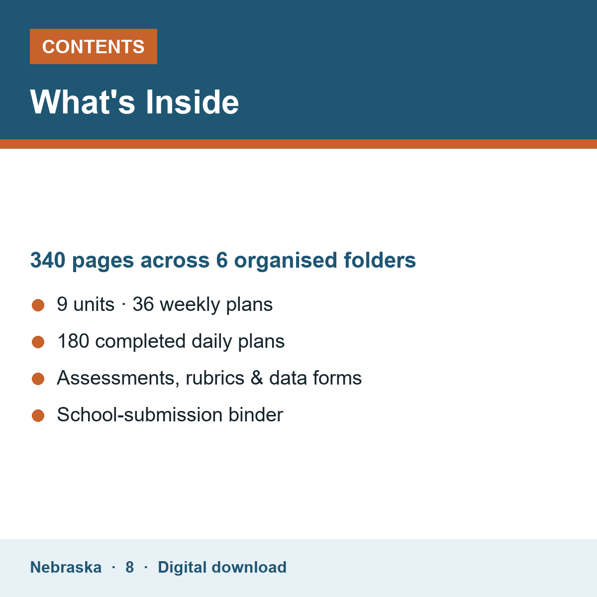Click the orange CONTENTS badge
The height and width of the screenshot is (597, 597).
[x=93, y=46]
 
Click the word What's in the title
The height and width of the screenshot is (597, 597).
[x=83, y=102]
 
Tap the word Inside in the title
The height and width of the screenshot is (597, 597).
[x=193, y=102]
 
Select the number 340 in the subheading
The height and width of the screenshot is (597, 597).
[x=48, y=260]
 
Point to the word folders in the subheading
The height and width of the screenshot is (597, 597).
[x=380, y=260]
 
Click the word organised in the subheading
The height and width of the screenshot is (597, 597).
[x=286, y=261]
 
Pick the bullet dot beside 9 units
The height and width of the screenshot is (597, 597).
[x=38, y=305]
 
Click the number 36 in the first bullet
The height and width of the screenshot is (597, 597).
[x=143, y=304]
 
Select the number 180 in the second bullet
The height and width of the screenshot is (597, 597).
[x=74, y=341]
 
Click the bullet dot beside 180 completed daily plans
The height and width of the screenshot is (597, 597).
[x=38, y=342]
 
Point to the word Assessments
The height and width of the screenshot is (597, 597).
[x=118, y=378]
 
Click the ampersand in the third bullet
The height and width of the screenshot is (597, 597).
[x=257, y=378]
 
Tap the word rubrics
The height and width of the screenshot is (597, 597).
[x=215, y=378]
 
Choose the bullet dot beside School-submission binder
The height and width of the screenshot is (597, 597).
[x=38, y=415]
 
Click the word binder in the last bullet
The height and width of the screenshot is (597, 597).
[x=256, y=414]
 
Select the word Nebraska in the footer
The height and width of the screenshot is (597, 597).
[x=66, y=567]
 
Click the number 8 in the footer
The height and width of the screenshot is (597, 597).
[x=129, y=567]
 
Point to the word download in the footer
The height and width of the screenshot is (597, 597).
[x=249, y=567]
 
